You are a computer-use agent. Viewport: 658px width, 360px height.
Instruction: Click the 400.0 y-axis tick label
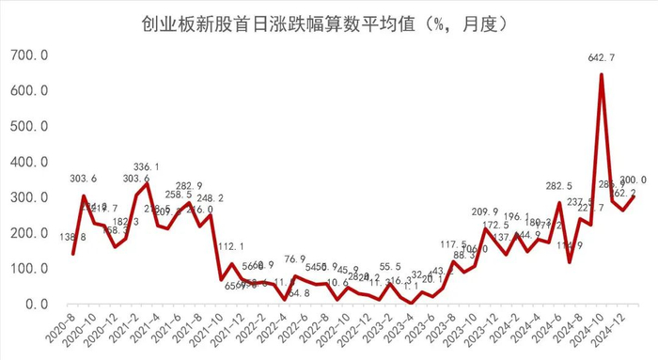(27, 163)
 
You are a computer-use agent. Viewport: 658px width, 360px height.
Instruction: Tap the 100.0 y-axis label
(27, 269)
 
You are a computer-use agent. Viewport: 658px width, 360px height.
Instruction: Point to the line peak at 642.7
(602, 75)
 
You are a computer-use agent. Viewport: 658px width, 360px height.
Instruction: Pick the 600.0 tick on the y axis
(27, 91)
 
